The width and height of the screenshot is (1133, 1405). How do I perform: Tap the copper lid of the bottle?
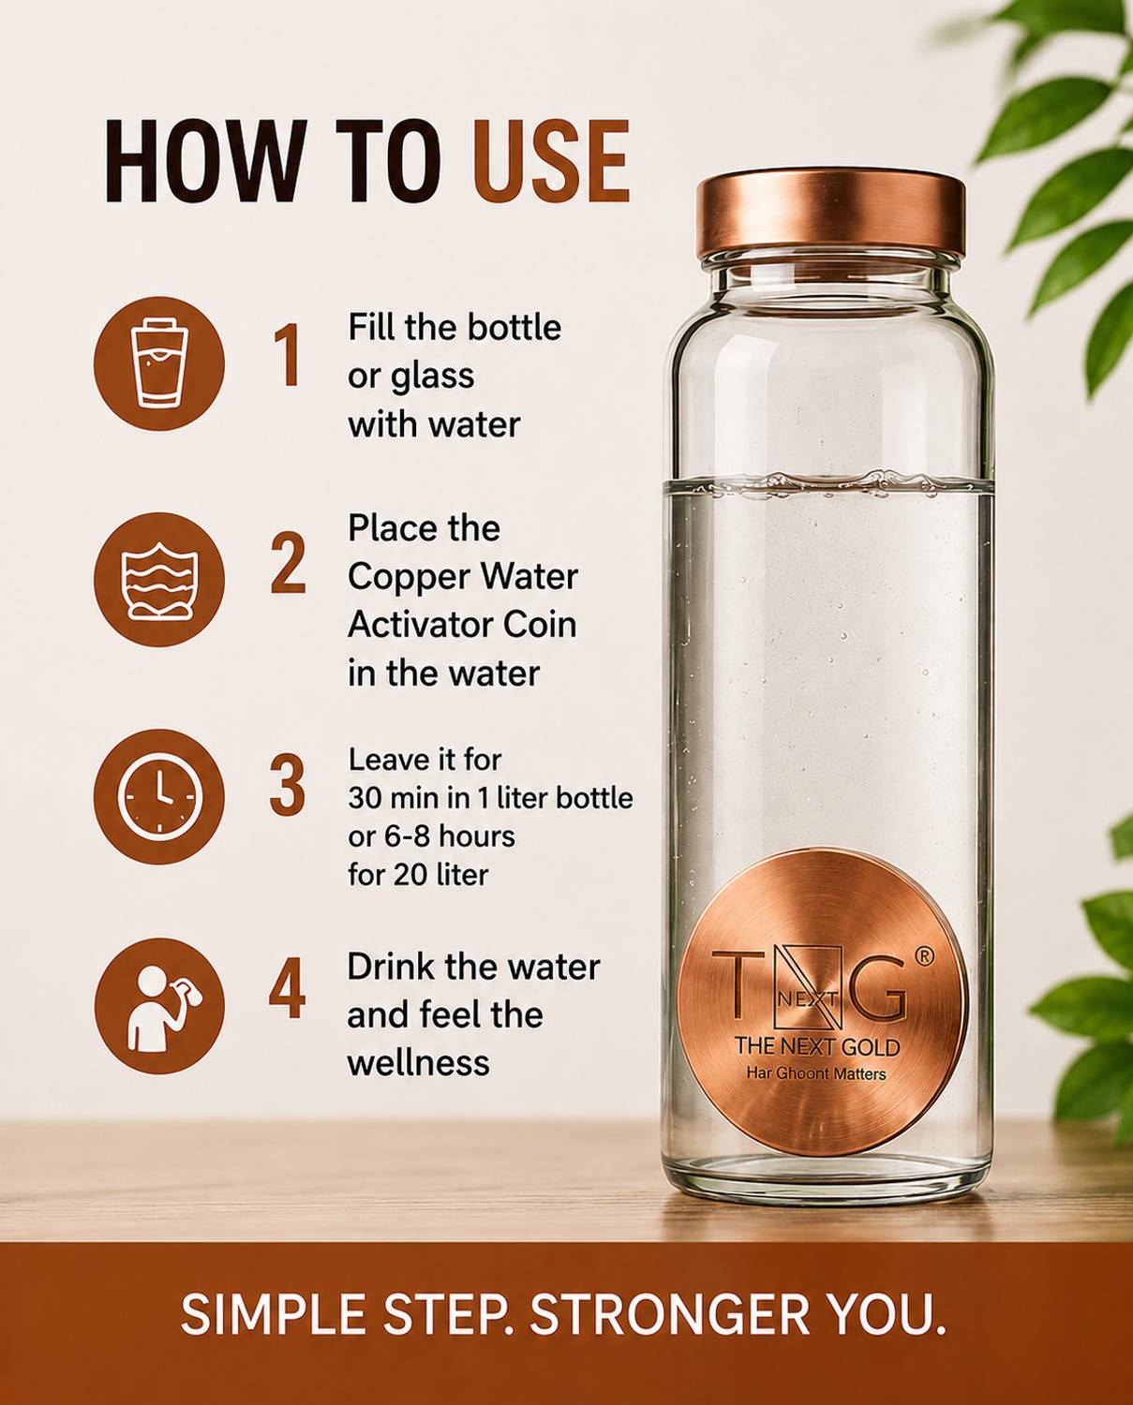829,217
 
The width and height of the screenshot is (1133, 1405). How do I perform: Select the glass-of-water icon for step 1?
158,363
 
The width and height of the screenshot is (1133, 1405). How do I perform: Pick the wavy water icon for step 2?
158,579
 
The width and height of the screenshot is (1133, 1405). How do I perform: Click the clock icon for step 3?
158,795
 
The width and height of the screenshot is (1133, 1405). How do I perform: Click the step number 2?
288,563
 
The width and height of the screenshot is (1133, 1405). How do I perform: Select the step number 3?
288,784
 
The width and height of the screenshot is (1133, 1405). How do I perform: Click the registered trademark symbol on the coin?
926,955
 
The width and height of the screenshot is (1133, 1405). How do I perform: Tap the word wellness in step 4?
418,1062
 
